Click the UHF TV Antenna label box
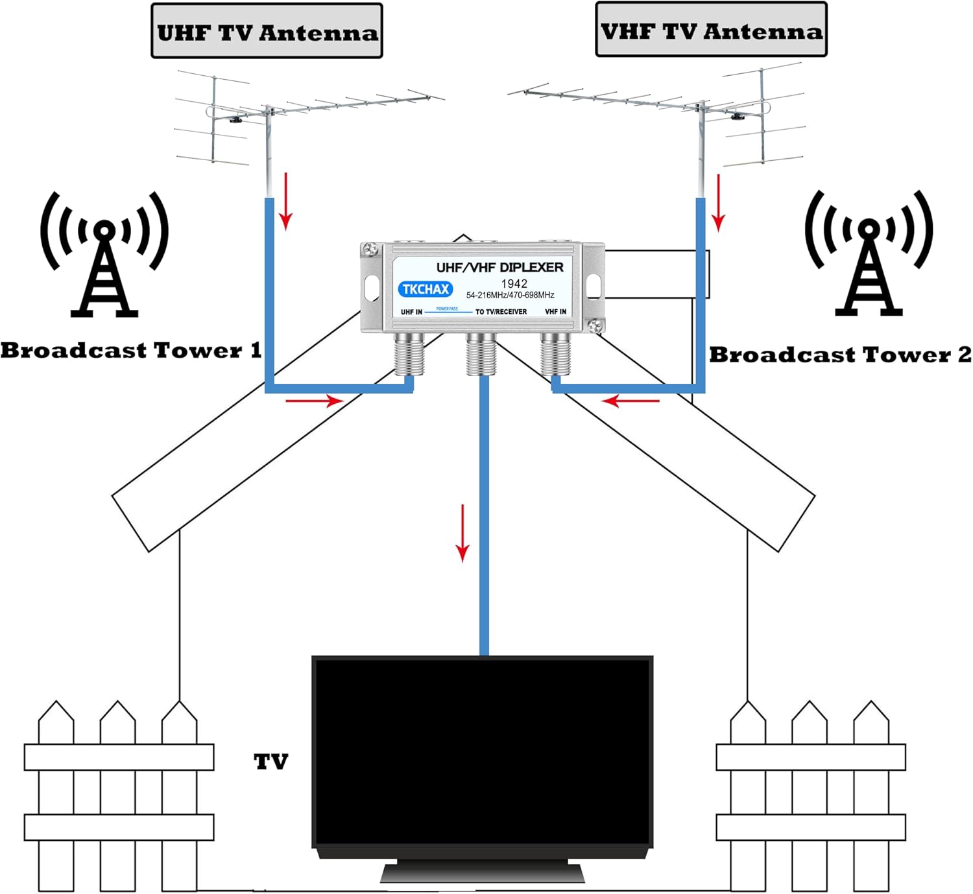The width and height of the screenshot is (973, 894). pos(267,30)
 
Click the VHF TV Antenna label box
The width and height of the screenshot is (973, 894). pos(711,30)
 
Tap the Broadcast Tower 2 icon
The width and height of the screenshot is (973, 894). pos(869,253)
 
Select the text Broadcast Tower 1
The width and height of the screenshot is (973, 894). pos(131,350)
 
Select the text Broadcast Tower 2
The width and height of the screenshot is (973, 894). pos(841,355)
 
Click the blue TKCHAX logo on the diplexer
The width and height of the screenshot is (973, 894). pos(426,289)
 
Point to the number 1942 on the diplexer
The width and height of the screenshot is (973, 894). pos(514,283)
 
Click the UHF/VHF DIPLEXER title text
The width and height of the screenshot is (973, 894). pos(499,267)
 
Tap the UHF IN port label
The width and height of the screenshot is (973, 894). pos(411,312)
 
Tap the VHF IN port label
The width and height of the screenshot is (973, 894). pos(555,312)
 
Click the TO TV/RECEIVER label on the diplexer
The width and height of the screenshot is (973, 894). pos(501,312)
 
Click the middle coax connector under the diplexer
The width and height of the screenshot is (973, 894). pos(481,354)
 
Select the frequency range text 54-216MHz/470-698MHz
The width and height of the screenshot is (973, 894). pos(511,295)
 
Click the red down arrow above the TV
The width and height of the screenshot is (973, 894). pos(462,534)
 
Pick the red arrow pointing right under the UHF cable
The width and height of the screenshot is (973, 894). pos(315,401)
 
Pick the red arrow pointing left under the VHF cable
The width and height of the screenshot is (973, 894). pos(630,401)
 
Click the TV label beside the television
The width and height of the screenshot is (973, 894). pos(271,762)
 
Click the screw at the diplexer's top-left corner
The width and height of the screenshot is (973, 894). pos(370,250)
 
